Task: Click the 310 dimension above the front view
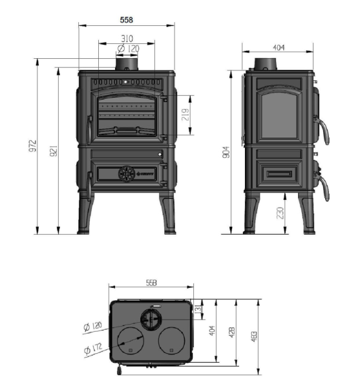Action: point(126,39)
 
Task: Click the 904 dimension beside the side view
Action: point(226,152)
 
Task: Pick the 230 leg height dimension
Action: point(279,213)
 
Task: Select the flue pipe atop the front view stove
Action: point(127,63)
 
